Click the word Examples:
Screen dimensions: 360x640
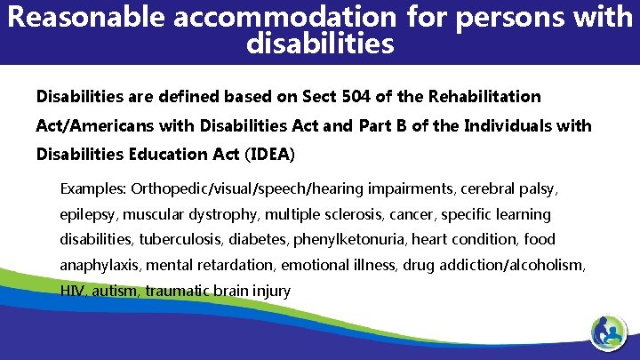[93, 189]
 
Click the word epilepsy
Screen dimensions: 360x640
[88, 214]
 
